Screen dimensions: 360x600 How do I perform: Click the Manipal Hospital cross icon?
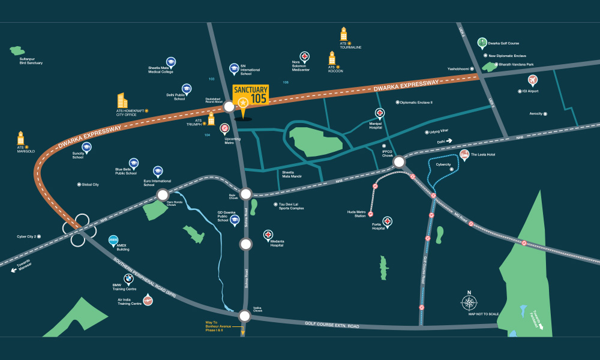(380, 113)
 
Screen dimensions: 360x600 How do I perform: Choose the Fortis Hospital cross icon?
(388, 221)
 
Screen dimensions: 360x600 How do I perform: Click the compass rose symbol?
(469, 301)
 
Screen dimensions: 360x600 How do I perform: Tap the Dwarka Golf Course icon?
(482, 42)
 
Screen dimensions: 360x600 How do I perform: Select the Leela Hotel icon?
(464, 155)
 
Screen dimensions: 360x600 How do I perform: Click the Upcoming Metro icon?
(224, 128)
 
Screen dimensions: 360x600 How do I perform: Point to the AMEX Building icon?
(113, 241)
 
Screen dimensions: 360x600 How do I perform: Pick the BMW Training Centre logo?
(128, 278)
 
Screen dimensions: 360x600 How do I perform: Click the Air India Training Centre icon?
(148, 300)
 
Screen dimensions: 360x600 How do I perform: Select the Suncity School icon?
(86, 147)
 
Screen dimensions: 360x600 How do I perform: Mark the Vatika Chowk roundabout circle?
(244, 316)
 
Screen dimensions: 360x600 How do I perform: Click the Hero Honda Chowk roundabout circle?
(163, 195)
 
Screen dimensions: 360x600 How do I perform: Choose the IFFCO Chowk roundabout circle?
(400, 161)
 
